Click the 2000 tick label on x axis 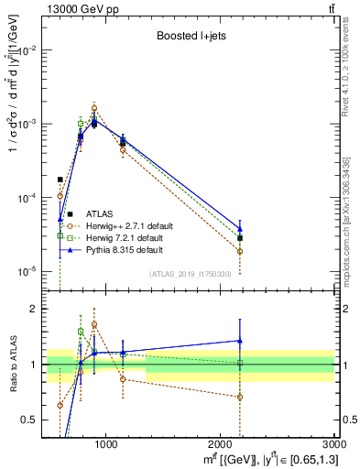pos(221,445)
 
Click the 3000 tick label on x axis pos(333,445)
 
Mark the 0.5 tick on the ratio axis pos(33,420)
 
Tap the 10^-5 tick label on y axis pos(27,271)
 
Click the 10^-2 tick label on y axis pos(27,49)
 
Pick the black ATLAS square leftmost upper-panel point pos(60,180)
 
